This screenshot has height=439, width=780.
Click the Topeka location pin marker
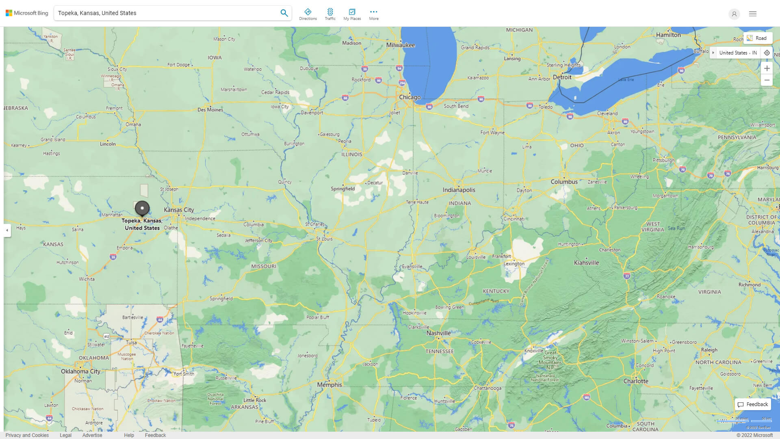[142, 209]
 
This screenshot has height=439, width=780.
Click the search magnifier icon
[284, 13]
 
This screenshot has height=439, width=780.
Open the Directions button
[308, 14]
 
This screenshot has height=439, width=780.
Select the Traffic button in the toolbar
[330, 14]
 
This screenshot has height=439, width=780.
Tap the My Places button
[352, 14]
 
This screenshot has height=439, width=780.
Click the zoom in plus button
[767, 68]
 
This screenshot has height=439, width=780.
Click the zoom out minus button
[767, 80]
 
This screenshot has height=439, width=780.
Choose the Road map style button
[757, 38]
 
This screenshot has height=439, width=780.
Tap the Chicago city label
[409, 97]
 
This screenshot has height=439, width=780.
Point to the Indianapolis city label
[459, 190]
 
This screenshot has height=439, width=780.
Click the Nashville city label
[438, 333]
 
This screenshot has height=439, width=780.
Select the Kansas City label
[179, 210]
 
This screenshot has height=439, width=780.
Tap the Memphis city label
[329, 385]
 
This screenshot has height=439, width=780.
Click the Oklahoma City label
[80, 371]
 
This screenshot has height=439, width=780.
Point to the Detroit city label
[562, 77]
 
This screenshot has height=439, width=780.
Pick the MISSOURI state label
[263, 266]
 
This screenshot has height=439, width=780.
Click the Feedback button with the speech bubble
[753, 404]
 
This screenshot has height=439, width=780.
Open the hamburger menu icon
[753, 14]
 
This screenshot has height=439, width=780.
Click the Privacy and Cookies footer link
[27, 435]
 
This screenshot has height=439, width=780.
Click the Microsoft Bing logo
[27, 13]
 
